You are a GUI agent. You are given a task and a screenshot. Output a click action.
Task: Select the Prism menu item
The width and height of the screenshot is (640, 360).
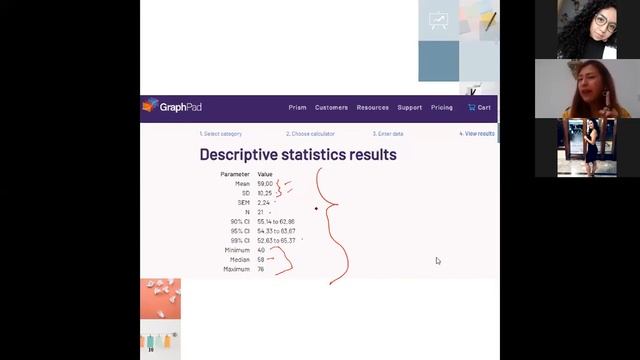(297, 107)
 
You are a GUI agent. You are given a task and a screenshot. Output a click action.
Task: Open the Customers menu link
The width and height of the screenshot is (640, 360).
(332, 107)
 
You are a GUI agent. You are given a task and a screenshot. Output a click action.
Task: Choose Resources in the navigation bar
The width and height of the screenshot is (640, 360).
(373, 107)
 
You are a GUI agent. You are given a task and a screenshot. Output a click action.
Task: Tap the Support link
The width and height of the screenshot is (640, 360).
(410, 107)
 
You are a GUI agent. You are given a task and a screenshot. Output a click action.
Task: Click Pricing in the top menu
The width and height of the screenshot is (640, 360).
(442, 107)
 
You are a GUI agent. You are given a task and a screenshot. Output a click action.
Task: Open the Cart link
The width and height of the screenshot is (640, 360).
(480, 107)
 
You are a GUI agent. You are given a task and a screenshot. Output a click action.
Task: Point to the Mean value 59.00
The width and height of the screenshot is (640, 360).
(264, 184)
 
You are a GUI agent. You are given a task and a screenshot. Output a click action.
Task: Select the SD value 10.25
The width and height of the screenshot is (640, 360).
(264, 193)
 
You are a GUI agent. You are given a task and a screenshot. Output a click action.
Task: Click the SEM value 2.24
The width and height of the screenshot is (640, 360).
(263, 203)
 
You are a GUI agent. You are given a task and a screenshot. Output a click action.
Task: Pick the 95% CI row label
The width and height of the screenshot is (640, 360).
(240, 231)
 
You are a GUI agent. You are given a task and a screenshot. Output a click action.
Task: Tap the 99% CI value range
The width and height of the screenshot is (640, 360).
(276, 241)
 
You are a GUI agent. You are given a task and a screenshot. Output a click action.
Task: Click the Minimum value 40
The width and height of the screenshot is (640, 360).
(261, 250)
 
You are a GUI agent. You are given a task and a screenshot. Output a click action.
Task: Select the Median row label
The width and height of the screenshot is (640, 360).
(237, 260)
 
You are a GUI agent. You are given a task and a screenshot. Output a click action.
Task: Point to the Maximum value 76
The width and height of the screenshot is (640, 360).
(261, 269)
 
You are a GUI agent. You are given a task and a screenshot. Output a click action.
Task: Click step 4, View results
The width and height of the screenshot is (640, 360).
(477, 133)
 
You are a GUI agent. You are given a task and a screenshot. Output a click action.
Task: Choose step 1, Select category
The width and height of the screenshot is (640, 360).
(220, 133)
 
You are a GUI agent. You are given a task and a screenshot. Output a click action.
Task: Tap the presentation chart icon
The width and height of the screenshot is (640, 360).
(438, 21)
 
